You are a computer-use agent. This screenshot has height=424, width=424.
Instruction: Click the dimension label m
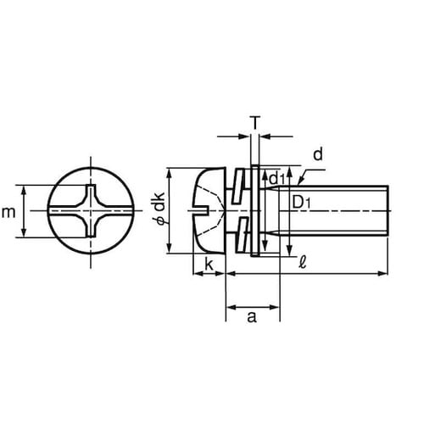(8, 212)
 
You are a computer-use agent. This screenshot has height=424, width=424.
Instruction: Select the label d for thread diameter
(318, 154)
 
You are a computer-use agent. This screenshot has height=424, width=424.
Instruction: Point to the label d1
(277, 179)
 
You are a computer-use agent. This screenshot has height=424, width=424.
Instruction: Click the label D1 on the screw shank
(301, 203)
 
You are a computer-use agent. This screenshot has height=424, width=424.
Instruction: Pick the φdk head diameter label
(160, 209)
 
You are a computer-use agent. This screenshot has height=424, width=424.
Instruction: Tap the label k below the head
(209, 265)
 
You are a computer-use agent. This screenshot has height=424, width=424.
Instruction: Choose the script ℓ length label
(303, 263)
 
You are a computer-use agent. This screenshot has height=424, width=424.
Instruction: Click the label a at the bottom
(252, 317)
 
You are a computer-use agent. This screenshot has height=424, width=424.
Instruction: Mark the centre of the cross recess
(91, 211)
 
